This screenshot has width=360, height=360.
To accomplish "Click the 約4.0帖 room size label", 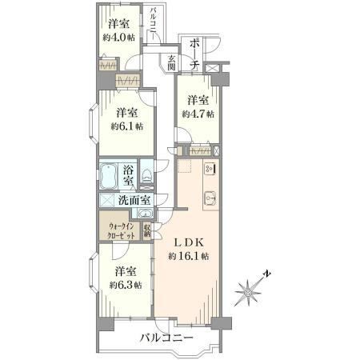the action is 119,38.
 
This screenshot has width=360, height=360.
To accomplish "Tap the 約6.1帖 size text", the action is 127,126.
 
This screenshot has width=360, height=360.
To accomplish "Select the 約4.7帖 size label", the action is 198,114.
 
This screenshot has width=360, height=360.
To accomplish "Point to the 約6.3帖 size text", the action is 126,286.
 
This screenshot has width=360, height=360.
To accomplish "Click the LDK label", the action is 189,242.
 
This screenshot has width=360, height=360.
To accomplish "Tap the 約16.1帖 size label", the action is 189,256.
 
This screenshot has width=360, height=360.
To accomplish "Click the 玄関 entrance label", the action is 171,63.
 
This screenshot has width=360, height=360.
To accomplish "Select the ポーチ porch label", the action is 195,54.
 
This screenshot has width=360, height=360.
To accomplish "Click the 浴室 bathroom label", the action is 128,175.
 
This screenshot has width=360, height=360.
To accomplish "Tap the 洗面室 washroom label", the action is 134,200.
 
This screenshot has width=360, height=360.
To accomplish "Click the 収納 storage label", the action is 147,231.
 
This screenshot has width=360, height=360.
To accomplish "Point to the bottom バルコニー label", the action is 166,338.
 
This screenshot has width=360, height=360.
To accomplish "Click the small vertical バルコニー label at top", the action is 153,24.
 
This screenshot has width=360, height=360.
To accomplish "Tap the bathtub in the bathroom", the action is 109,176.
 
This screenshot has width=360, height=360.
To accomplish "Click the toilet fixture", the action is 146,175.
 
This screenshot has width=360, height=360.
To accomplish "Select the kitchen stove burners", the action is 210,169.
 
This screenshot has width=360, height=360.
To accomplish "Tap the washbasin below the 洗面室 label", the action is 145,214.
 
